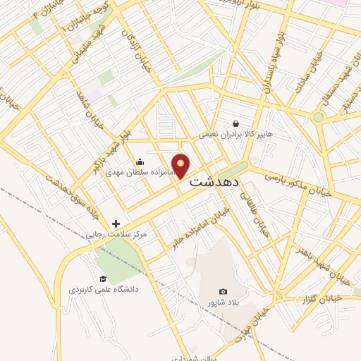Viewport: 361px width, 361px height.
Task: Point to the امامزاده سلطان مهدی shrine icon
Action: pos(140,161)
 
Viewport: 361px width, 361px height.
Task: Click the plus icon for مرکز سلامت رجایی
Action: pos(116,224)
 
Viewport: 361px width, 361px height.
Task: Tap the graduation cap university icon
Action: pos(103,279)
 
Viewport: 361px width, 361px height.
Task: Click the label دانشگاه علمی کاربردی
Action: pos(103,289)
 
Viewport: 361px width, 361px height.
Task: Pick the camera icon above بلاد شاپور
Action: pos(224,292)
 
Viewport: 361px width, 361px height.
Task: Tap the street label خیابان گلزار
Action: pos(320,299)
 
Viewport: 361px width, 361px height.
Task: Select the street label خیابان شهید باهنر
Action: pos(311,259)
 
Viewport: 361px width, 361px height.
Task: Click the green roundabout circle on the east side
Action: pos(319,117)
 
